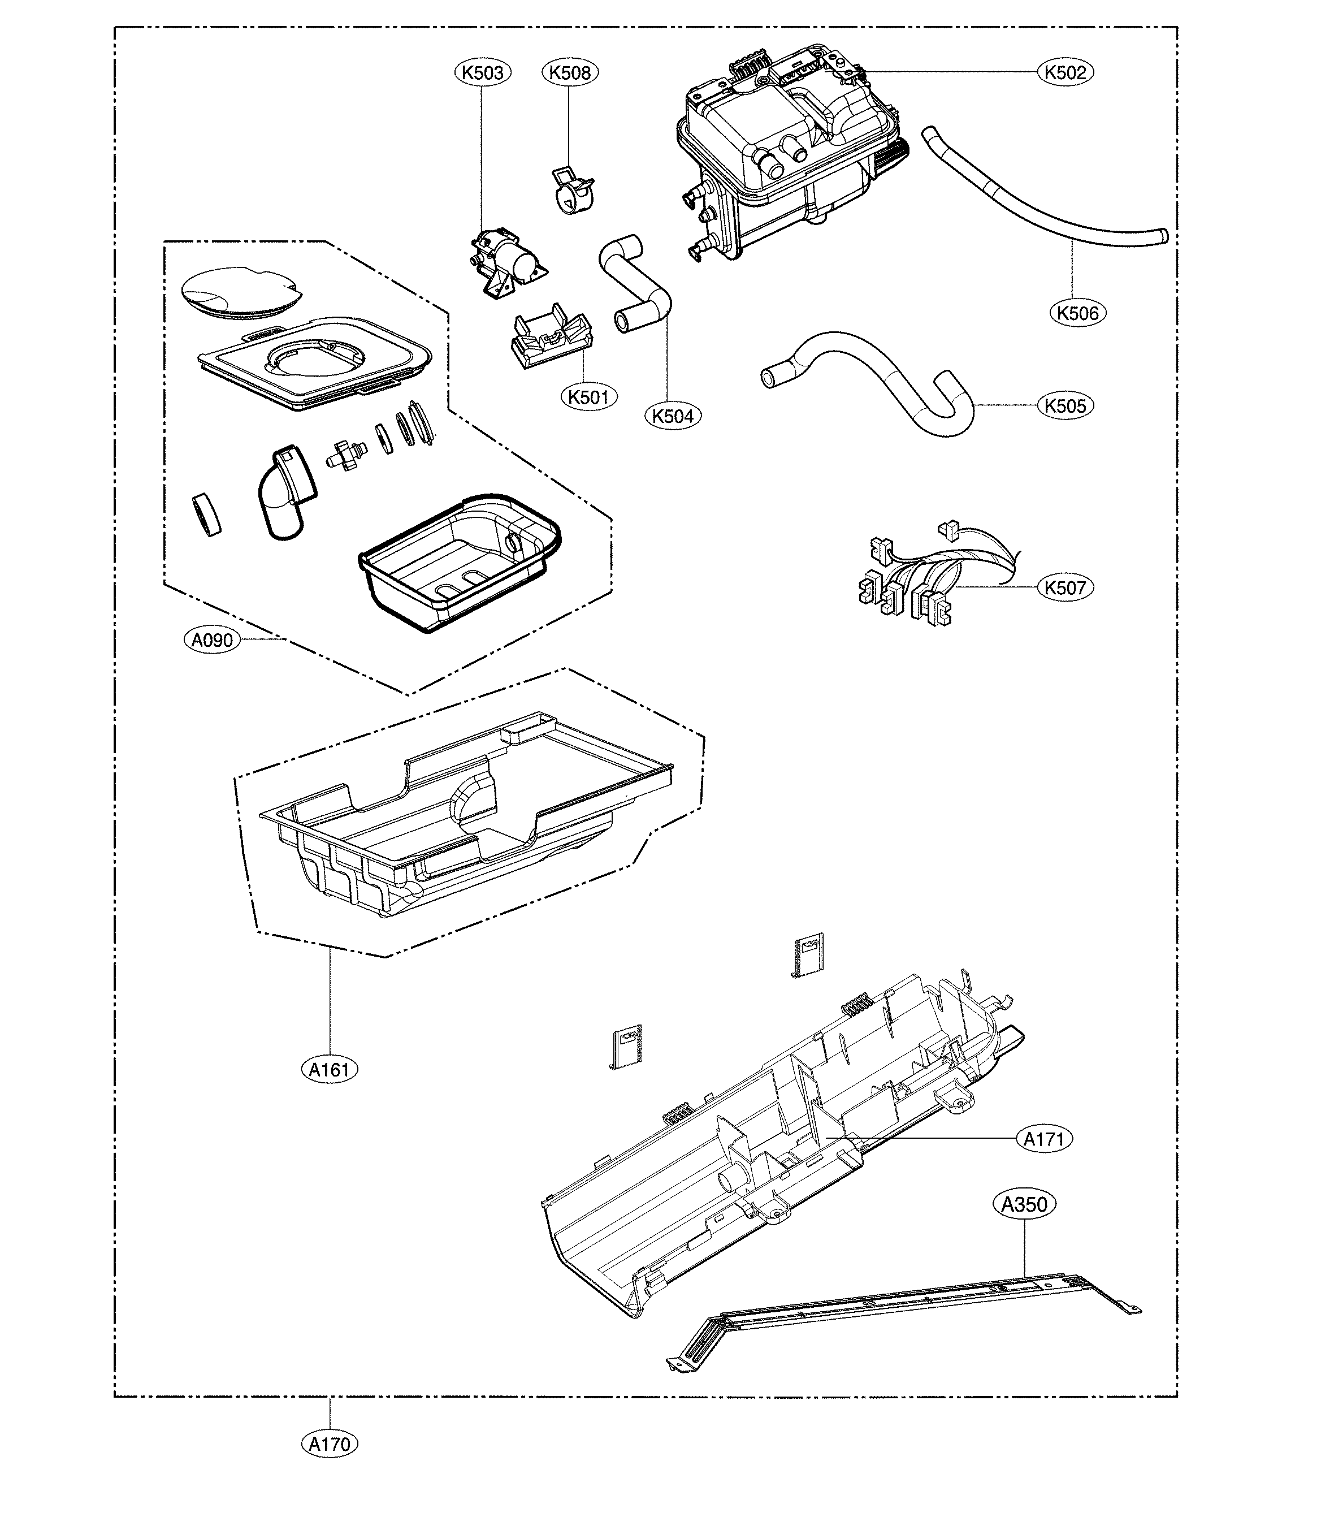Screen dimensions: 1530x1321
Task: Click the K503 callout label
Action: point(482,72)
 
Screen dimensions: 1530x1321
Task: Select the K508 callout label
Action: point(571,72)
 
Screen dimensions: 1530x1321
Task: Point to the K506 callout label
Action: point(1078,313)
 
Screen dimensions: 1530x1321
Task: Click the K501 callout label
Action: point(588,397)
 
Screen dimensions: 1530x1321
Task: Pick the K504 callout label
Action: point(673,417)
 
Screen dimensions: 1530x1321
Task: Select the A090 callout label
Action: point(212,640)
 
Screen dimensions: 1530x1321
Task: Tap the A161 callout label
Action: point(330,1069)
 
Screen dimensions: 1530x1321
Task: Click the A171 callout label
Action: point(1044,1139)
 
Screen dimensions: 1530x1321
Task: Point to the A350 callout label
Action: point(1024,1204)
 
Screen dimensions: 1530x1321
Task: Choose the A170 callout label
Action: point(330,1443)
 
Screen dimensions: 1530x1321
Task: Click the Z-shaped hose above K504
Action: point(635,284)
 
